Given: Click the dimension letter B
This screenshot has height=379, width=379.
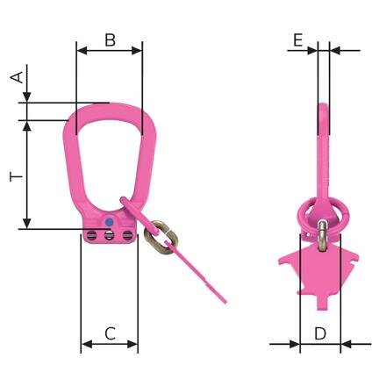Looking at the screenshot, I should (111, 39).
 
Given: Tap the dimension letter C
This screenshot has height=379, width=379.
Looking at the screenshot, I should (110, 333).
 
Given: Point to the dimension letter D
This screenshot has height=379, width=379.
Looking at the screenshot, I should (320, 333).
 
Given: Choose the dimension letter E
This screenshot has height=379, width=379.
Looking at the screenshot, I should (298, 39).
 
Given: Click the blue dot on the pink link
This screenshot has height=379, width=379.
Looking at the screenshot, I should (108, 222).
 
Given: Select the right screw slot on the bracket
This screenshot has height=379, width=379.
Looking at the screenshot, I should (126, 234).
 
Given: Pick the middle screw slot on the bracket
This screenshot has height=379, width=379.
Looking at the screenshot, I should (108, 234).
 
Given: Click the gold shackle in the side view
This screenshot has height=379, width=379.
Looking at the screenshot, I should (323, 230).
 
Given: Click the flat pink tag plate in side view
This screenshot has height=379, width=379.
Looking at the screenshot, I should (320, 268).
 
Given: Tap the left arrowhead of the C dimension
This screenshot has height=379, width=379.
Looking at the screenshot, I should (83, 344).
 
